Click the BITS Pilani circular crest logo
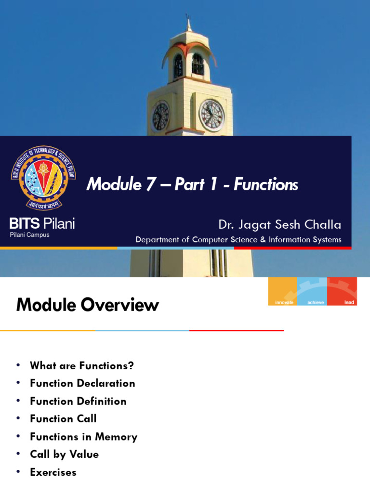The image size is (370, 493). tap(43, 178)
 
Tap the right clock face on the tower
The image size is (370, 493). tap(211, 116)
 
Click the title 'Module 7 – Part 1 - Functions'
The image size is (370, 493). tap(192, 184)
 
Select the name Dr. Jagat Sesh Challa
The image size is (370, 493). tap(279, 224)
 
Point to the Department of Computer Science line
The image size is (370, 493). tap(238, 239)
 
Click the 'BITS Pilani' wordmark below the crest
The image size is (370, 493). tap(42, 223)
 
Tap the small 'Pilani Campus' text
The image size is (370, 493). tap(30, 235)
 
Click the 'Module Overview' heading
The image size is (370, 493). tap(87, 305)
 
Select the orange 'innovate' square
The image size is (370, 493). tap(283, 291)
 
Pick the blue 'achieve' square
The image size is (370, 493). tap(312, 291)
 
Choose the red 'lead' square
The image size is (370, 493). tap(342, 291)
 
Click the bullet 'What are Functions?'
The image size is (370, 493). tap(82, 365)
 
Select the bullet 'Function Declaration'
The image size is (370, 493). tap(82, 383)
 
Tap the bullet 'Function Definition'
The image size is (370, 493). tap(78, 401)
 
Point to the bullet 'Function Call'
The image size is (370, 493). tap(63, 419)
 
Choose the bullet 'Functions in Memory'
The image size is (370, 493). tap(83, 437)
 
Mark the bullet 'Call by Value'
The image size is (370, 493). tap(64, 454)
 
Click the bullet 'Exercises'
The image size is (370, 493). tap(53, 472)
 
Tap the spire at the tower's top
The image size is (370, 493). tap(188, 22)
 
